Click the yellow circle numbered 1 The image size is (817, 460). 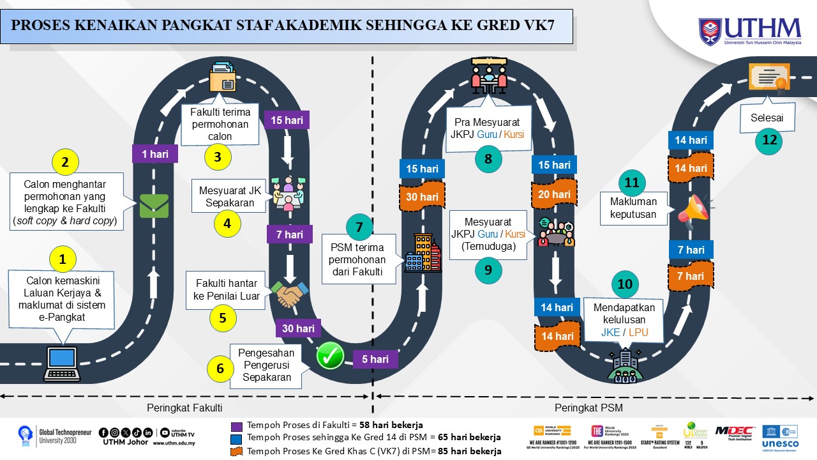[x=63, y=259]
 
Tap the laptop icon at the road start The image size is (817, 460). [x=61, y=362]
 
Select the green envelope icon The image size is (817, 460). [x=154, y=205]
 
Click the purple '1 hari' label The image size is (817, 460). [x=155, y=154]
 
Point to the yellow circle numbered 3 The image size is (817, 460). [x=218, y=157]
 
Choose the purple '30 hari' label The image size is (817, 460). [x=298, y=328]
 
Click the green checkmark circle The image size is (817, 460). [x=331, y=356]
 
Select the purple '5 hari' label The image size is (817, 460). [x=375, y=359]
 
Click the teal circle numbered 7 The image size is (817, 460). [x=359, y=227]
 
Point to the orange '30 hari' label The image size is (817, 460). [x=422, y=197]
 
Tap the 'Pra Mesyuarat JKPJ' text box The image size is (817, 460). [x=488, y=128]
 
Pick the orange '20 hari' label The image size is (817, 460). [x=553, y=194]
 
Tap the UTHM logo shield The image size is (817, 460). [x=710, y=31]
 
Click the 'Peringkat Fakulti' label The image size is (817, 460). [x=184, y=408]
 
